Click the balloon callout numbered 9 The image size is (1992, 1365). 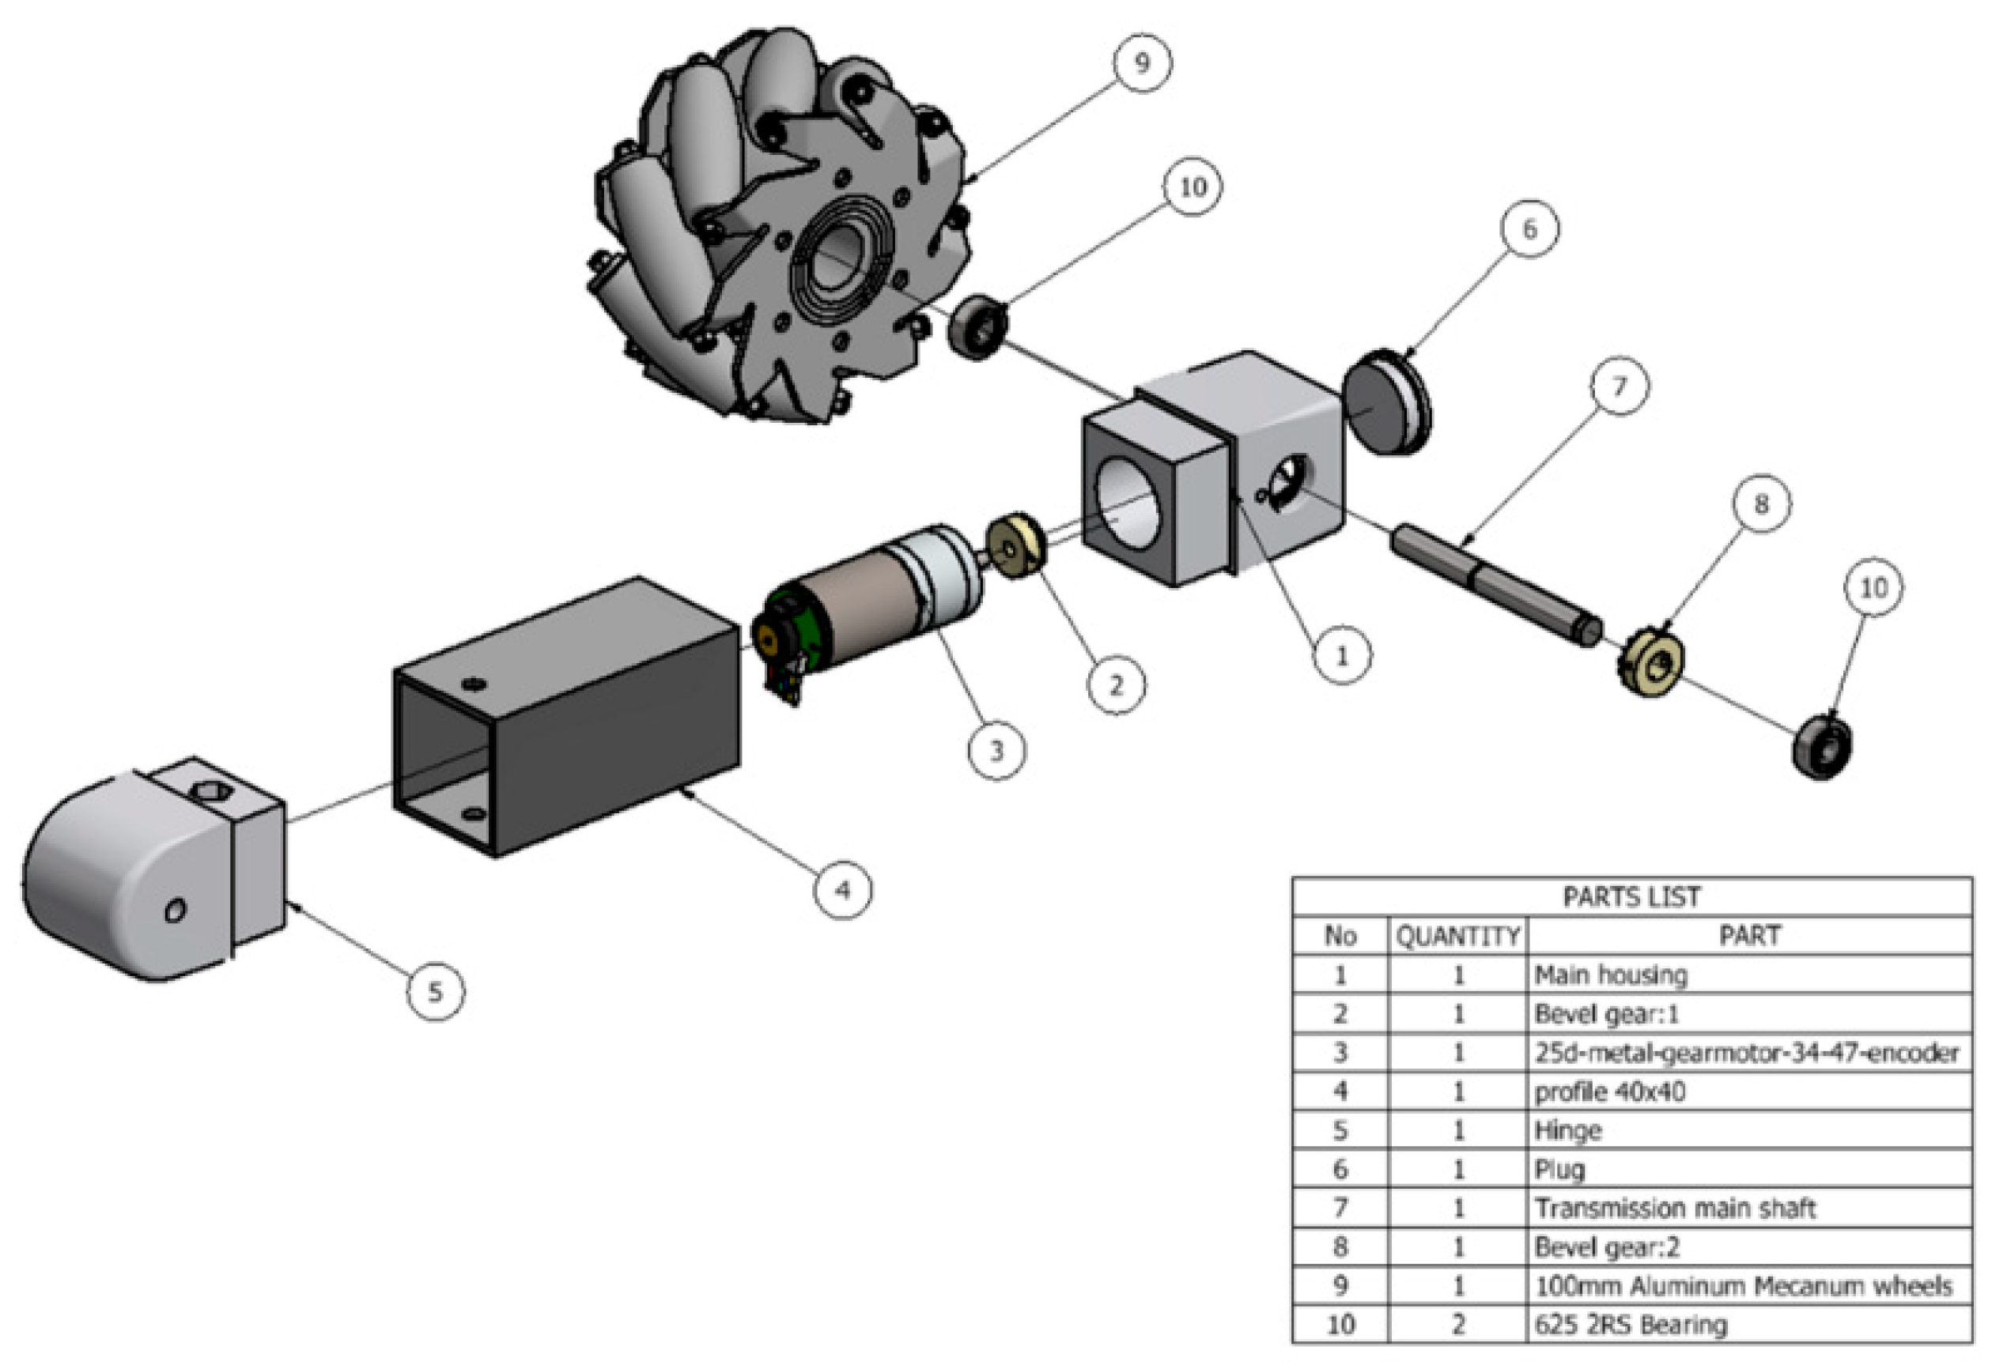[x=1142, y=63]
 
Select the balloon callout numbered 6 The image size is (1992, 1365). [x=1530, y=228]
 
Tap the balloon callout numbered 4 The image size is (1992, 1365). [x=842, y=890]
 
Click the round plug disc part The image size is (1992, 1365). [x=1385, y=403]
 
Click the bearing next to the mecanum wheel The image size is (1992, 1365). [x=978, y=326]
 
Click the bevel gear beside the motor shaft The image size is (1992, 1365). [x=1015, y=546]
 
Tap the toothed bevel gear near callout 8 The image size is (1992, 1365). [x=1653, y=664]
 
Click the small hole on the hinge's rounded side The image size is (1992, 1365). [x=176, y=910]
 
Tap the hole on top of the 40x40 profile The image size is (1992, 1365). [x=474, y=684]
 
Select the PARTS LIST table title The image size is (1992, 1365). [x=1631, y=897]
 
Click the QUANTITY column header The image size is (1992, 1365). [x=1457, y=936]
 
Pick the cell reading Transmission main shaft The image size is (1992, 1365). [x=1675, y=1209]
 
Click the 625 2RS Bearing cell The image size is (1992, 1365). [x=1631, y=1325]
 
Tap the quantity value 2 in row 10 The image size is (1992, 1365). [x=1457, y=1325]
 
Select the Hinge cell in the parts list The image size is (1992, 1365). [x=1569, y=1130]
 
